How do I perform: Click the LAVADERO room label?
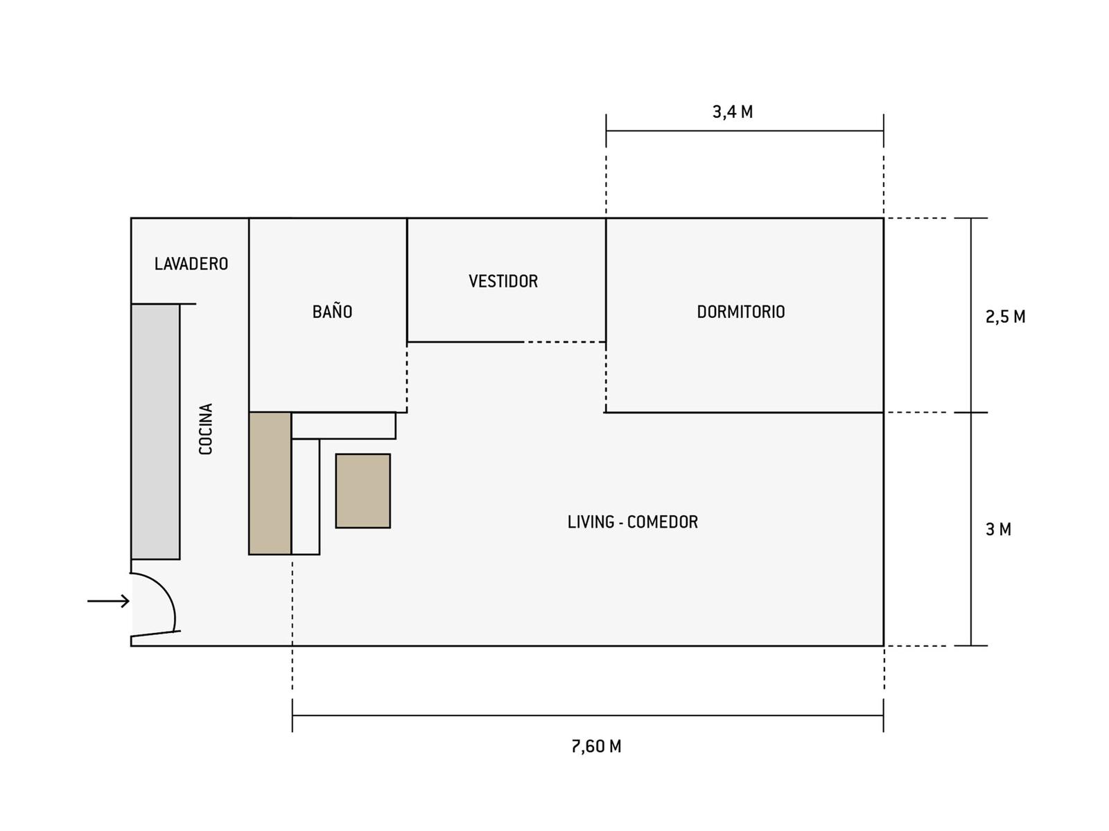coord(191,264)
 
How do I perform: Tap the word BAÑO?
coord(332,311)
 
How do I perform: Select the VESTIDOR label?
coord(503,281)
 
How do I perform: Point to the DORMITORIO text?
coord(741,312)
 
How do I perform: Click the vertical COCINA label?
coord(206,429)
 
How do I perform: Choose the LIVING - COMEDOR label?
coord(633,521)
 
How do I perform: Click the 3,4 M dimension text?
coord(733,112)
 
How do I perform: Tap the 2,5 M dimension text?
coord(1006,317)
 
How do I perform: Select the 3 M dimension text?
coord(998,529)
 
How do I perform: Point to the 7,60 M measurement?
coord(596,747)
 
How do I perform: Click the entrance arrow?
coord(108,601)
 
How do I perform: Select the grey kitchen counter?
coord(156,431)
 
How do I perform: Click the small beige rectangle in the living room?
coord(363,491)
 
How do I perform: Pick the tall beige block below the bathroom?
coord(270,483)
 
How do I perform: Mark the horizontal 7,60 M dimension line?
coord(588,715)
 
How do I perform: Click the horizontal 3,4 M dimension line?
coord(744,131)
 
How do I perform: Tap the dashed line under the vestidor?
coord(565,342)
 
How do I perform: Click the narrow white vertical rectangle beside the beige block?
coord(306,497)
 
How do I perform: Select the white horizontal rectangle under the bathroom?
coord(344,426)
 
